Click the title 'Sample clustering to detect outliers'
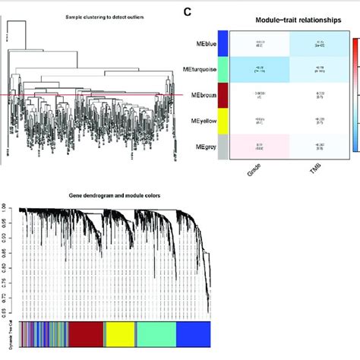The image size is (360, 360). [82, 16]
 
